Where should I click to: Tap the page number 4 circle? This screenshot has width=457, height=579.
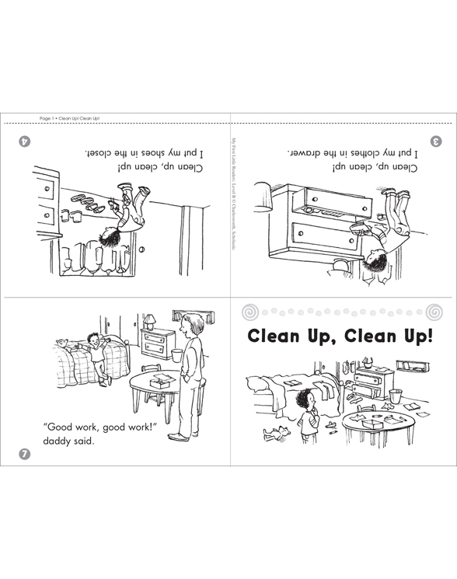click(26, 141)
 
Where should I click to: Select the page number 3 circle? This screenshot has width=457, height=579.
click(436, 141)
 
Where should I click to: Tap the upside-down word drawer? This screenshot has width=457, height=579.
click(306, 152)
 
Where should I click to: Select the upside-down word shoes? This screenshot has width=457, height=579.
click(165, 152)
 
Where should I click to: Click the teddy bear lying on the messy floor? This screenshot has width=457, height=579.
click(275, 431)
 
